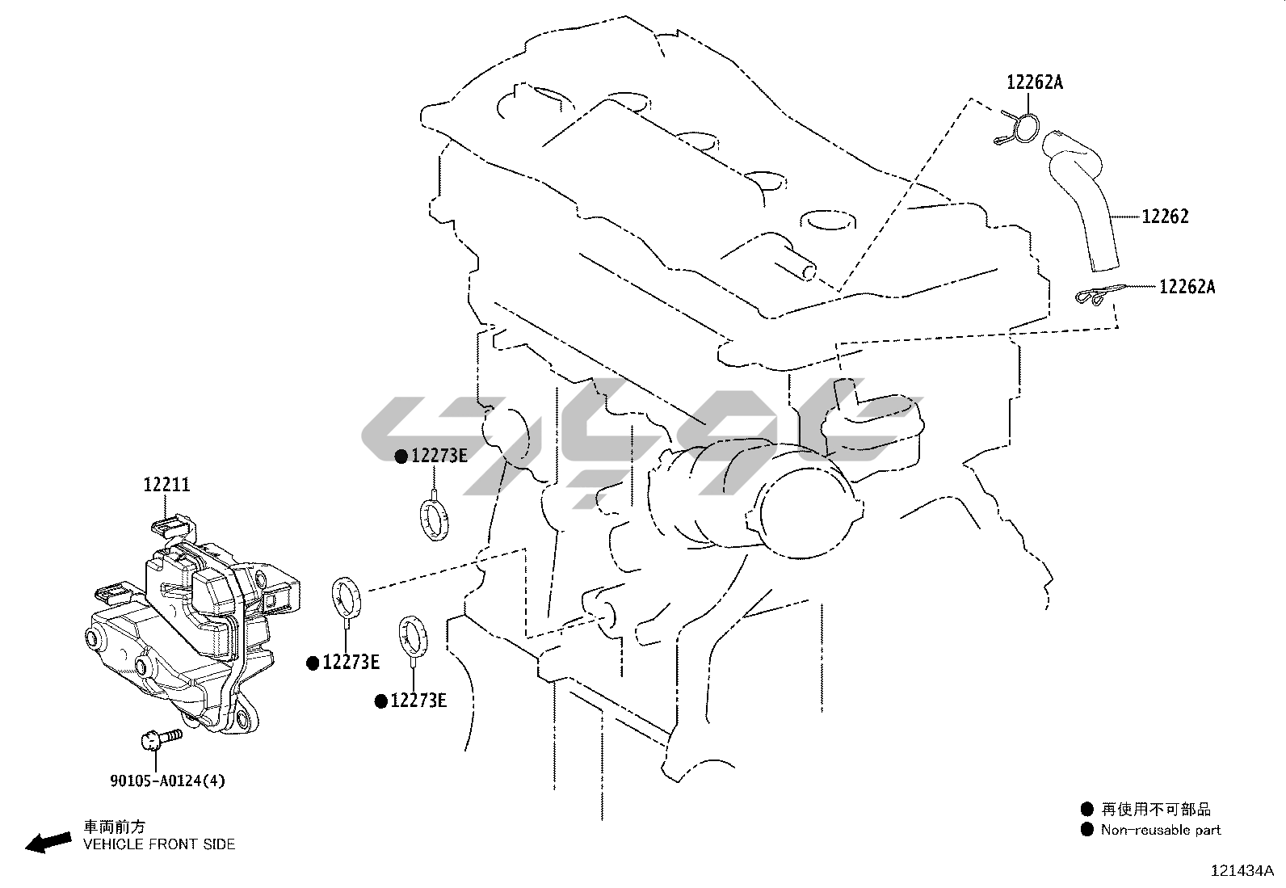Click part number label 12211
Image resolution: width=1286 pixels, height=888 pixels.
[x=166, y=485]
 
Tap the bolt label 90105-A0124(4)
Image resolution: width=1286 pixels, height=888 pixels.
[x=168, y=781]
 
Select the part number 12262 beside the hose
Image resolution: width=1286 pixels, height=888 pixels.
[x=1165, y=217]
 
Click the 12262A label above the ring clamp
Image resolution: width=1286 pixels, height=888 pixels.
[x=1035, y=82]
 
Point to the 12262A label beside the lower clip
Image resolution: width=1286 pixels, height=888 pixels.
[x=1187, y=287]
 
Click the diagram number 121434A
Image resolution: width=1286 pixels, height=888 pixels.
[x=1242, y=871]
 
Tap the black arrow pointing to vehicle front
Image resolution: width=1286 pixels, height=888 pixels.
[x=48, y=843]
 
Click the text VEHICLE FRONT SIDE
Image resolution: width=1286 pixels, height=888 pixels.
[x=159, y=844]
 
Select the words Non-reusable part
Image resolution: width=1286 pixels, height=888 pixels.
[x=1161, y=829]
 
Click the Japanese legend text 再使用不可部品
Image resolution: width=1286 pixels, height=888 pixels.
[x=1156, y=810]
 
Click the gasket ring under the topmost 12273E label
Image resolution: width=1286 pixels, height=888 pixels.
[x=434, y=520]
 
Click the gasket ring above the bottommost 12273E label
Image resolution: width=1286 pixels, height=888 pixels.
[x=413, y=638]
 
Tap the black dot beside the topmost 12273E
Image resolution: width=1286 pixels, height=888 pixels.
[x=401, y=457]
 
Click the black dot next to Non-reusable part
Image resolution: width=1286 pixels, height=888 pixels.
[x=1086, y=829]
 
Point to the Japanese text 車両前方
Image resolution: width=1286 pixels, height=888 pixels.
[x=114, y=827]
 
